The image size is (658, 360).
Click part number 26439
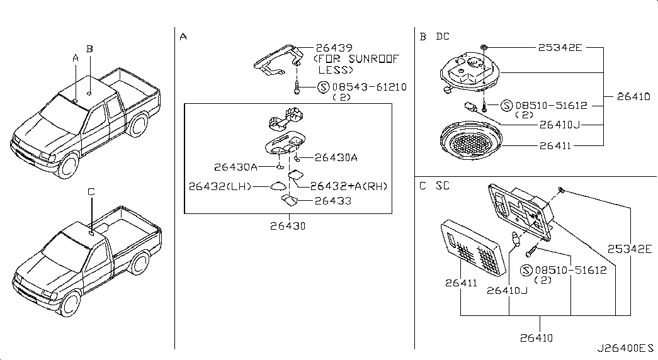(x=334, y=47)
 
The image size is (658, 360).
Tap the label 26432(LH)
(x=220, y=186)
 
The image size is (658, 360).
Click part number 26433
(x=332, y=201)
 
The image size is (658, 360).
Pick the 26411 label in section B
(x=555, y=145)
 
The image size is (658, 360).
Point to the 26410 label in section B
(x=633, y=96)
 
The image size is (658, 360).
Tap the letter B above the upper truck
(x=90, y=48)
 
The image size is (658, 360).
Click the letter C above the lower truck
(x=91, y=191)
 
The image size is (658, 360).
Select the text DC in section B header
(x=443, y=37)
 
